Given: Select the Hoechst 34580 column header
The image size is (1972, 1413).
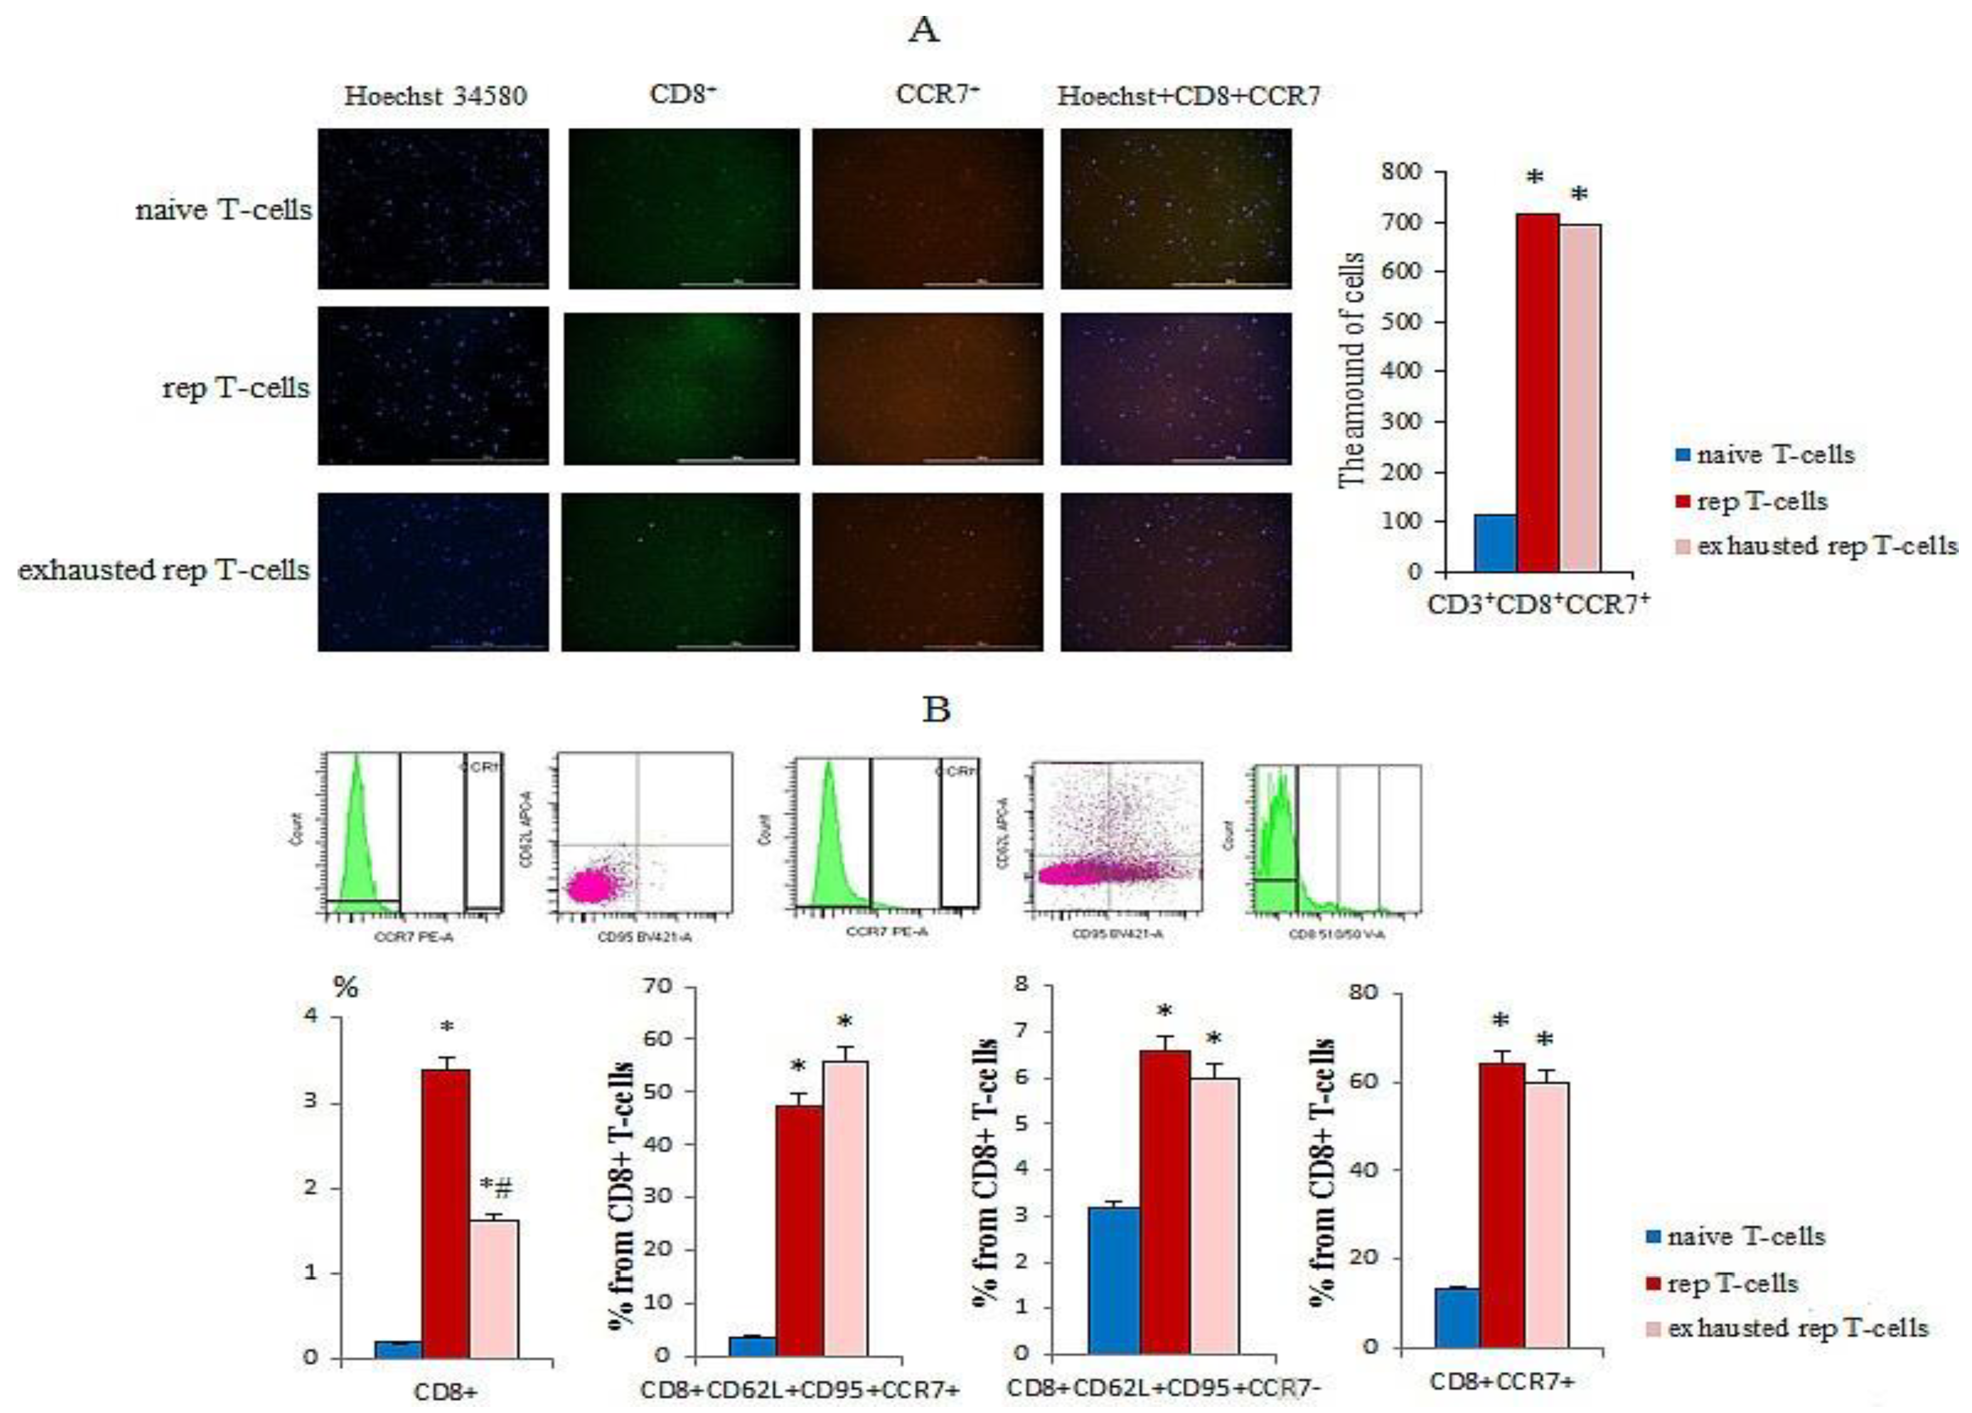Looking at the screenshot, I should click(435, 96).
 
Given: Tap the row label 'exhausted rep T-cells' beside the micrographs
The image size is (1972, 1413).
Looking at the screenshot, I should click(163, 570).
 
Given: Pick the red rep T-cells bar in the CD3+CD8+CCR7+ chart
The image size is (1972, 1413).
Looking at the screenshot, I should click(1537, 392).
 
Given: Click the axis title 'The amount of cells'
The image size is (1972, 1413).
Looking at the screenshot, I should click(1351, 370).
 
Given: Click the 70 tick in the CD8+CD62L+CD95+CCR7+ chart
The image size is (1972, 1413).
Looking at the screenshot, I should click(658, 987).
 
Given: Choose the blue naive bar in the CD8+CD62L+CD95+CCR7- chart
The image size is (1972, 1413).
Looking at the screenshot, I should click(1114, 1278).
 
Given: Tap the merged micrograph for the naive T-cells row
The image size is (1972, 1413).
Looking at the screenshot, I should click(1176, 209).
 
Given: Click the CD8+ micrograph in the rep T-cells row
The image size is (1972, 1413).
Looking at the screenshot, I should click(681, 388).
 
